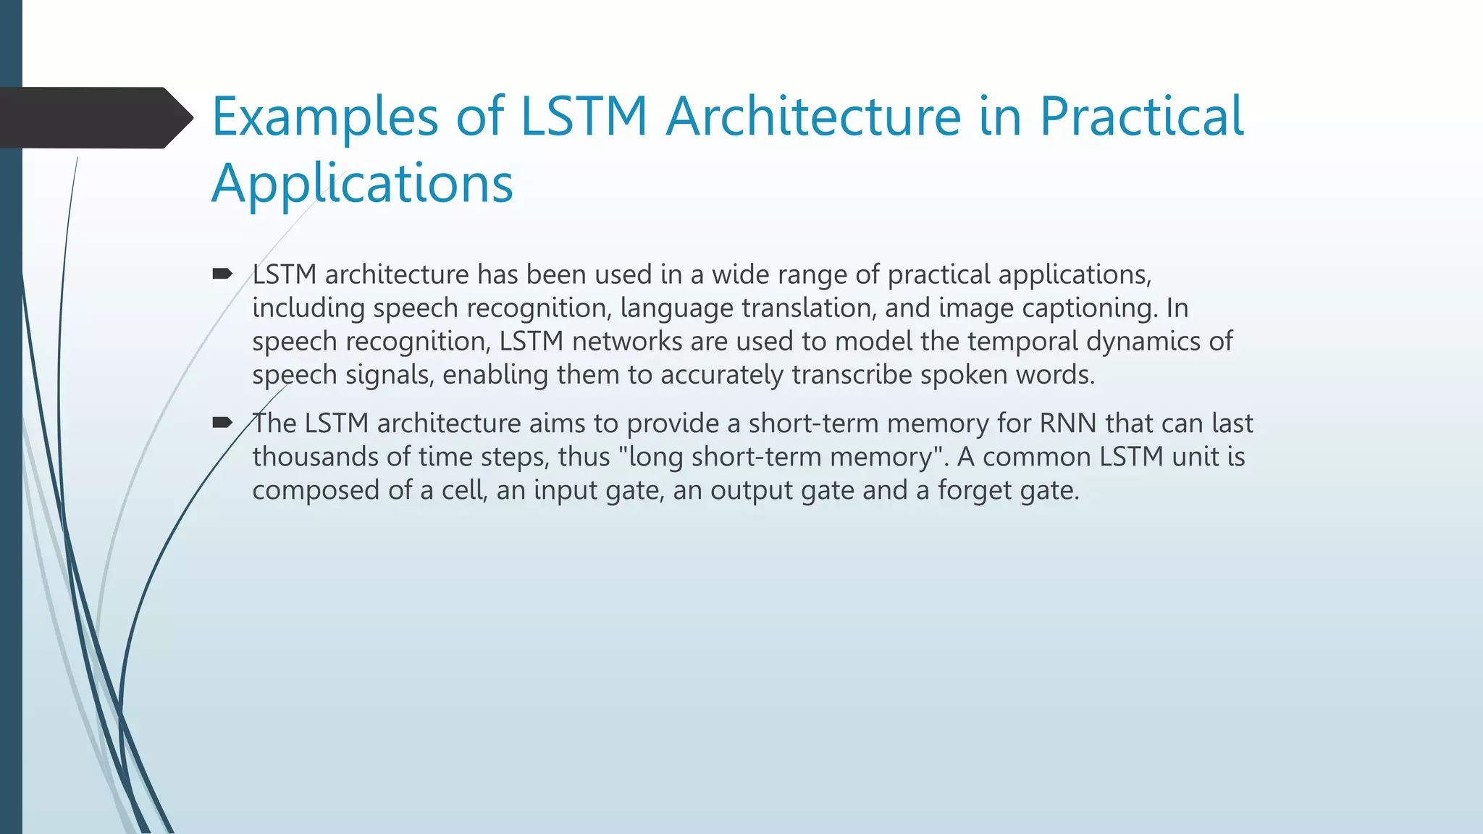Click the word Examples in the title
324,117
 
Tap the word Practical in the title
1141,117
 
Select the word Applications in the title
362,184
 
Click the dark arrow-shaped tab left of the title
94,117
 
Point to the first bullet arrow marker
222,274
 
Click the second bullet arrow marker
222,423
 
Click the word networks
627,342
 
